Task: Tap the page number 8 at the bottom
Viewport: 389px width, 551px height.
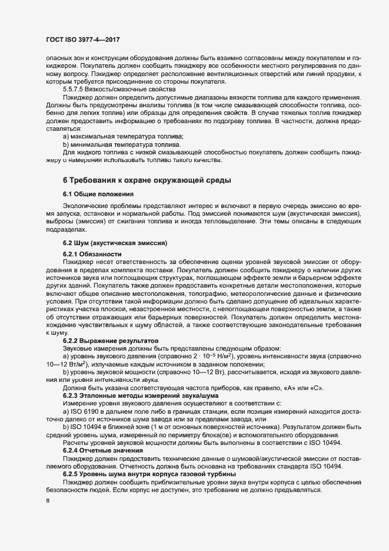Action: pos(47,501)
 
